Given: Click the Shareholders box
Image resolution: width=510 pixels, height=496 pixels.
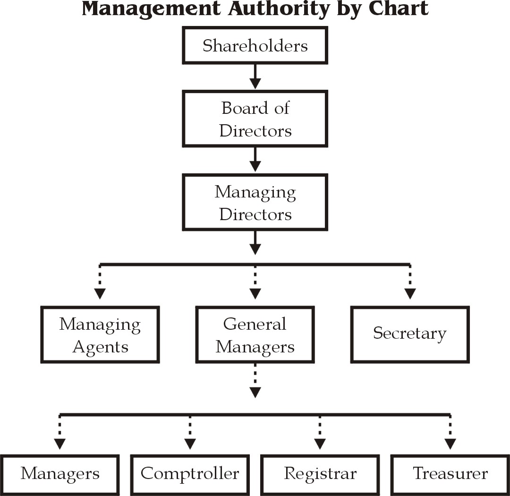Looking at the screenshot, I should tap(255, 46).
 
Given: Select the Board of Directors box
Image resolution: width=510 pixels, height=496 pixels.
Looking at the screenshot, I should tap(255, 119).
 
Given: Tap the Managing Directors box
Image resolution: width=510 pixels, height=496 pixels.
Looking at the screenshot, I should tap(255, 203).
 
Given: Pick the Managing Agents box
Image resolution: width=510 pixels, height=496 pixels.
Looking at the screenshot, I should tap(100, 335).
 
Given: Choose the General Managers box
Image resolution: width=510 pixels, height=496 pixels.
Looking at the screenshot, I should tap(255, 335).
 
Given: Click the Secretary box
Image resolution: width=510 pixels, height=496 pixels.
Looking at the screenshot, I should tap(410, 334).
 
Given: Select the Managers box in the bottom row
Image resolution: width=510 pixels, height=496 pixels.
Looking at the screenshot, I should tap(60, 474).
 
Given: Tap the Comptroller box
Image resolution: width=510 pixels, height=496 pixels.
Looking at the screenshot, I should tap(190, 474).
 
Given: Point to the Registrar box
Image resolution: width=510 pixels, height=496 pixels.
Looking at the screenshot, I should tap(320, 474).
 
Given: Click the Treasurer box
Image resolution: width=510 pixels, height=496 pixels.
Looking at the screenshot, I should tap(450, 474).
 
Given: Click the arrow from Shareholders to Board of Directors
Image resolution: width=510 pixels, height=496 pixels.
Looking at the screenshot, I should tap(255, 77).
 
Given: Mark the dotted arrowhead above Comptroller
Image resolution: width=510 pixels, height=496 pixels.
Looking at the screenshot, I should tap(190, 444).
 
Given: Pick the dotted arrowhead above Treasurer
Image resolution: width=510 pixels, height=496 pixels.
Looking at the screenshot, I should tap(450, 444).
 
